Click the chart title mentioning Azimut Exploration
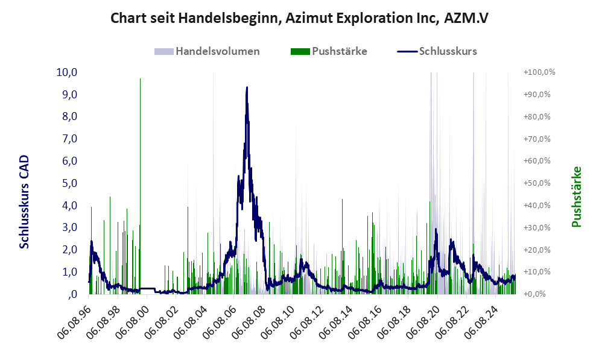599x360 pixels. tap(299, 18)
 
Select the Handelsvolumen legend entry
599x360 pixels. tap(208, 51)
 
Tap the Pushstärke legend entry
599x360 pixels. tap(329, 51)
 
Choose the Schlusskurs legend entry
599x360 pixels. tap(437, 51)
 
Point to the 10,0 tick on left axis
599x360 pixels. tap(66, 72)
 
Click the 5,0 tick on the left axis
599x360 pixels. tap(68, 183)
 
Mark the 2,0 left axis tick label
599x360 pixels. tap(68, 250)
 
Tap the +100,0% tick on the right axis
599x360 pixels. tap(539, 72)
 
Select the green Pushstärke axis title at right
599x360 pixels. tap(577, 197)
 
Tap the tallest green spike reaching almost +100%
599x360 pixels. tap(140, 84)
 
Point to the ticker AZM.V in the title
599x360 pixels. tap(465, 18)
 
